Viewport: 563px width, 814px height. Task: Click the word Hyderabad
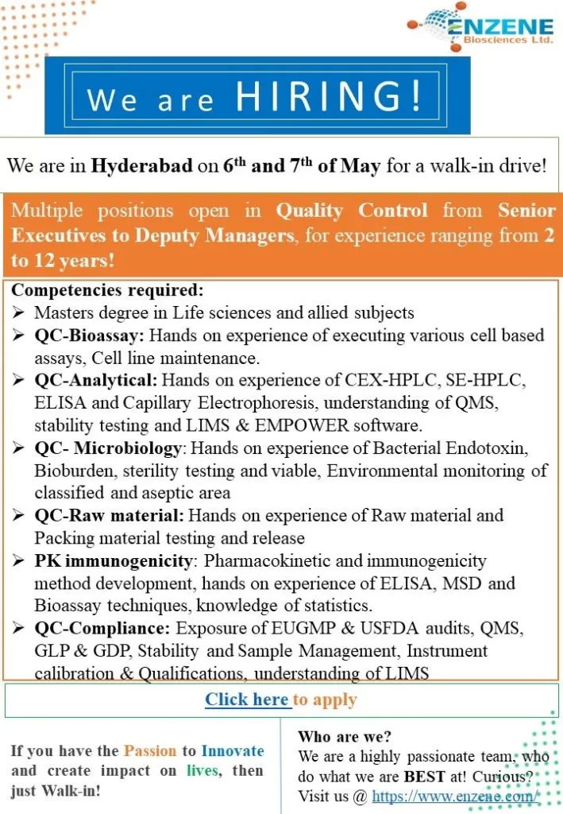pos(142,166)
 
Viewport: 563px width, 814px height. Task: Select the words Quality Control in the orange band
pos(352,211)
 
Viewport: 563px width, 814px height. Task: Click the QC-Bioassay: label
pos(89,335)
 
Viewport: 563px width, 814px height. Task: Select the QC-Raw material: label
pos(109,516)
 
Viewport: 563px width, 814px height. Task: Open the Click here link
pos(247,700)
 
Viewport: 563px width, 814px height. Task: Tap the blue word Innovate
pos(233,750)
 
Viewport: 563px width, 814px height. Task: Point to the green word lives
pos(202,771)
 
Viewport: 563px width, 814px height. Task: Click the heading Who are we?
pos(345,737)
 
